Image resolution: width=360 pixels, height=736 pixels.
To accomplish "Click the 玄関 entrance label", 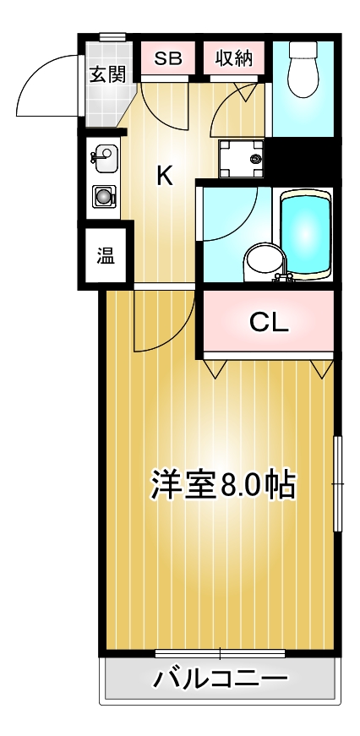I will click(107, 74).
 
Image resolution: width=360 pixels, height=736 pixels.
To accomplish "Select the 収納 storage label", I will click(233, 58).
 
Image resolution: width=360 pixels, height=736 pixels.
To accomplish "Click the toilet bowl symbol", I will click(302, 71).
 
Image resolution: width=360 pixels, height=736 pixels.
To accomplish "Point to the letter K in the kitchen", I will click(165, 176).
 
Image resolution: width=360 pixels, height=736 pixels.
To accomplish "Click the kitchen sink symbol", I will click(104, 158).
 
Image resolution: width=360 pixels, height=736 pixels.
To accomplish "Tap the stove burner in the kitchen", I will click(103, 197).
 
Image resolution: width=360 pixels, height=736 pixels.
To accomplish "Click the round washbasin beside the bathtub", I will click(257, 261).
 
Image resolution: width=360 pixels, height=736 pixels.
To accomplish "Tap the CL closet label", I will click(269, 321).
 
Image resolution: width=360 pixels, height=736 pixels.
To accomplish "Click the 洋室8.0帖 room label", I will click(223, 483).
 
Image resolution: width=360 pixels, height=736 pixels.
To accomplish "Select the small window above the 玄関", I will click(112, 36).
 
